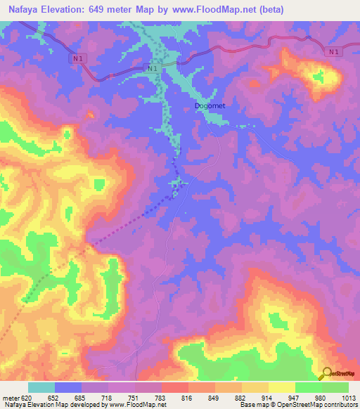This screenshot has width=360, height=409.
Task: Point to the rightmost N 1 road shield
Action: (x=333, y=52)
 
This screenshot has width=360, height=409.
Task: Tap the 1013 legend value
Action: (x=347, y=398)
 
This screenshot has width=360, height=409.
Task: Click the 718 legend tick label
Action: (x=108, y=398)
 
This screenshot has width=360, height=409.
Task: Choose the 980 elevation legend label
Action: (x=321, y=398)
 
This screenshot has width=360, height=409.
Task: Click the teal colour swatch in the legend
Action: (x=41, y=387)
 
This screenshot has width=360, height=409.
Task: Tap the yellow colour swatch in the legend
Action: (x=281, y=387)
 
